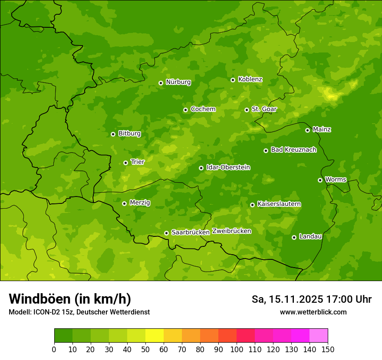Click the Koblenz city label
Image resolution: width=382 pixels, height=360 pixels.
tap(250, 79)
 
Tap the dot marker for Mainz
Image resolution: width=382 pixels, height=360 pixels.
tap(307, 130)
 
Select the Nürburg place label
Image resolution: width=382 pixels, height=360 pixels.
tap(178, 82)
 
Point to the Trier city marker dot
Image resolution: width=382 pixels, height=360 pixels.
tap(125, 163)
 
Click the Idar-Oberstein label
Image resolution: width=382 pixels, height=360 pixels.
tap(228, 167)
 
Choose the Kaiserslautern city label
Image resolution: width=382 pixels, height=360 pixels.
tap(279, 204)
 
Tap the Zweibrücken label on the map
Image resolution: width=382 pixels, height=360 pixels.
tap(231, 231)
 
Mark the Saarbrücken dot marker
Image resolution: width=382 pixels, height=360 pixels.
tap(166, 233)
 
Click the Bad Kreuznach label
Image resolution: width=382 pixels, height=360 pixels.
tap(293, 150)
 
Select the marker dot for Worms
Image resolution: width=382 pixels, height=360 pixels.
tap(320, 180)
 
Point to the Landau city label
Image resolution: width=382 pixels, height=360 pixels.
tap(310, 236)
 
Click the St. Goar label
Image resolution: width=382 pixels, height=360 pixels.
tap(264, 109)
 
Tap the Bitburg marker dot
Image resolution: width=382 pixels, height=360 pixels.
tap(113, 134)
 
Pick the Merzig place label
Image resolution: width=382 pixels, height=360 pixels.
tap(140, 203)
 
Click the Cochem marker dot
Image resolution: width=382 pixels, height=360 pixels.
tap(185, 110)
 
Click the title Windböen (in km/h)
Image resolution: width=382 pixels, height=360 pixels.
tap(69, 299)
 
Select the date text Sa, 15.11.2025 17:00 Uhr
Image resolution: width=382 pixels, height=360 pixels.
tap(311, 299)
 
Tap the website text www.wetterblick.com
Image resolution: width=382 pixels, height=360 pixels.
tap(313, 312)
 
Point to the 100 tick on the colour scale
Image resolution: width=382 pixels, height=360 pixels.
tap(237, 349)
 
